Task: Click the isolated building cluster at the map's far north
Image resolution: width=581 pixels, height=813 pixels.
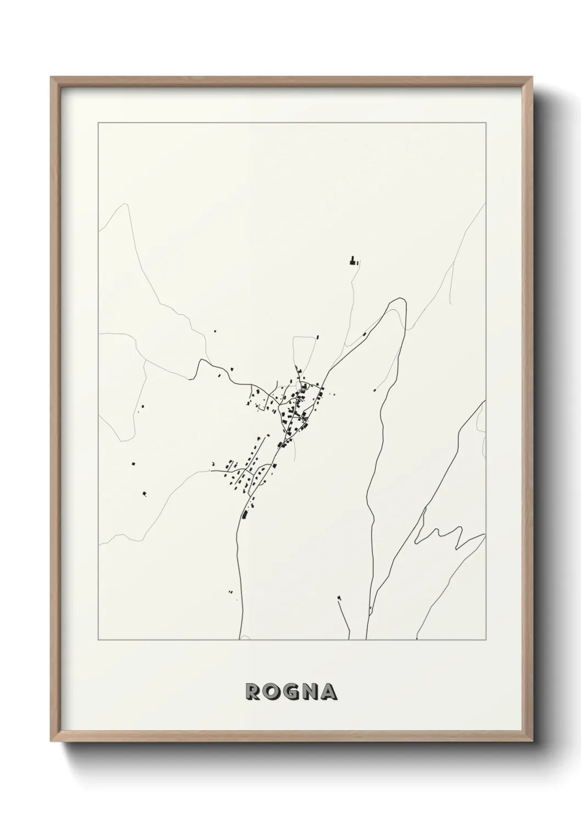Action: pyautogui.click(x=353, y=260)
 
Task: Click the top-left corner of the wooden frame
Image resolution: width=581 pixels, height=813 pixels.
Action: pyautogui.click(x=51, y=77)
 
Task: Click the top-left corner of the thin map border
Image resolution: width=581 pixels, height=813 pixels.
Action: pyautogui.click(x=98, y=122)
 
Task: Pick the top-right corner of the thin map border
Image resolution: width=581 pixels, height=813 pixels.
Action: pyautogui.click(x=485, y=122)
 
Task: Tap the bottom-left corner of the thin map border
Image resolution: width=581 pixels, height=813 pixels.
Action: pyautogui.click(x=98, y=640)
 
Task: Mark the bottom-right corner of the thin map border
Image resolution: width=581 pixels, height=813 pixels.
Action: pyautogui.click(x=485, y=640)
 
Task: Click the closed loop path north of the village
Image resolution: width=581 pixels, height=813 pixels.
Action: pyautogui.click(x=304, y=356)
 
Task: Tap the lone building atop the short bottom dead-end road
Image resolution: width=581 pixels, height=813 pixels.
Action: pyautogui.click(x=339, y=597)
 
